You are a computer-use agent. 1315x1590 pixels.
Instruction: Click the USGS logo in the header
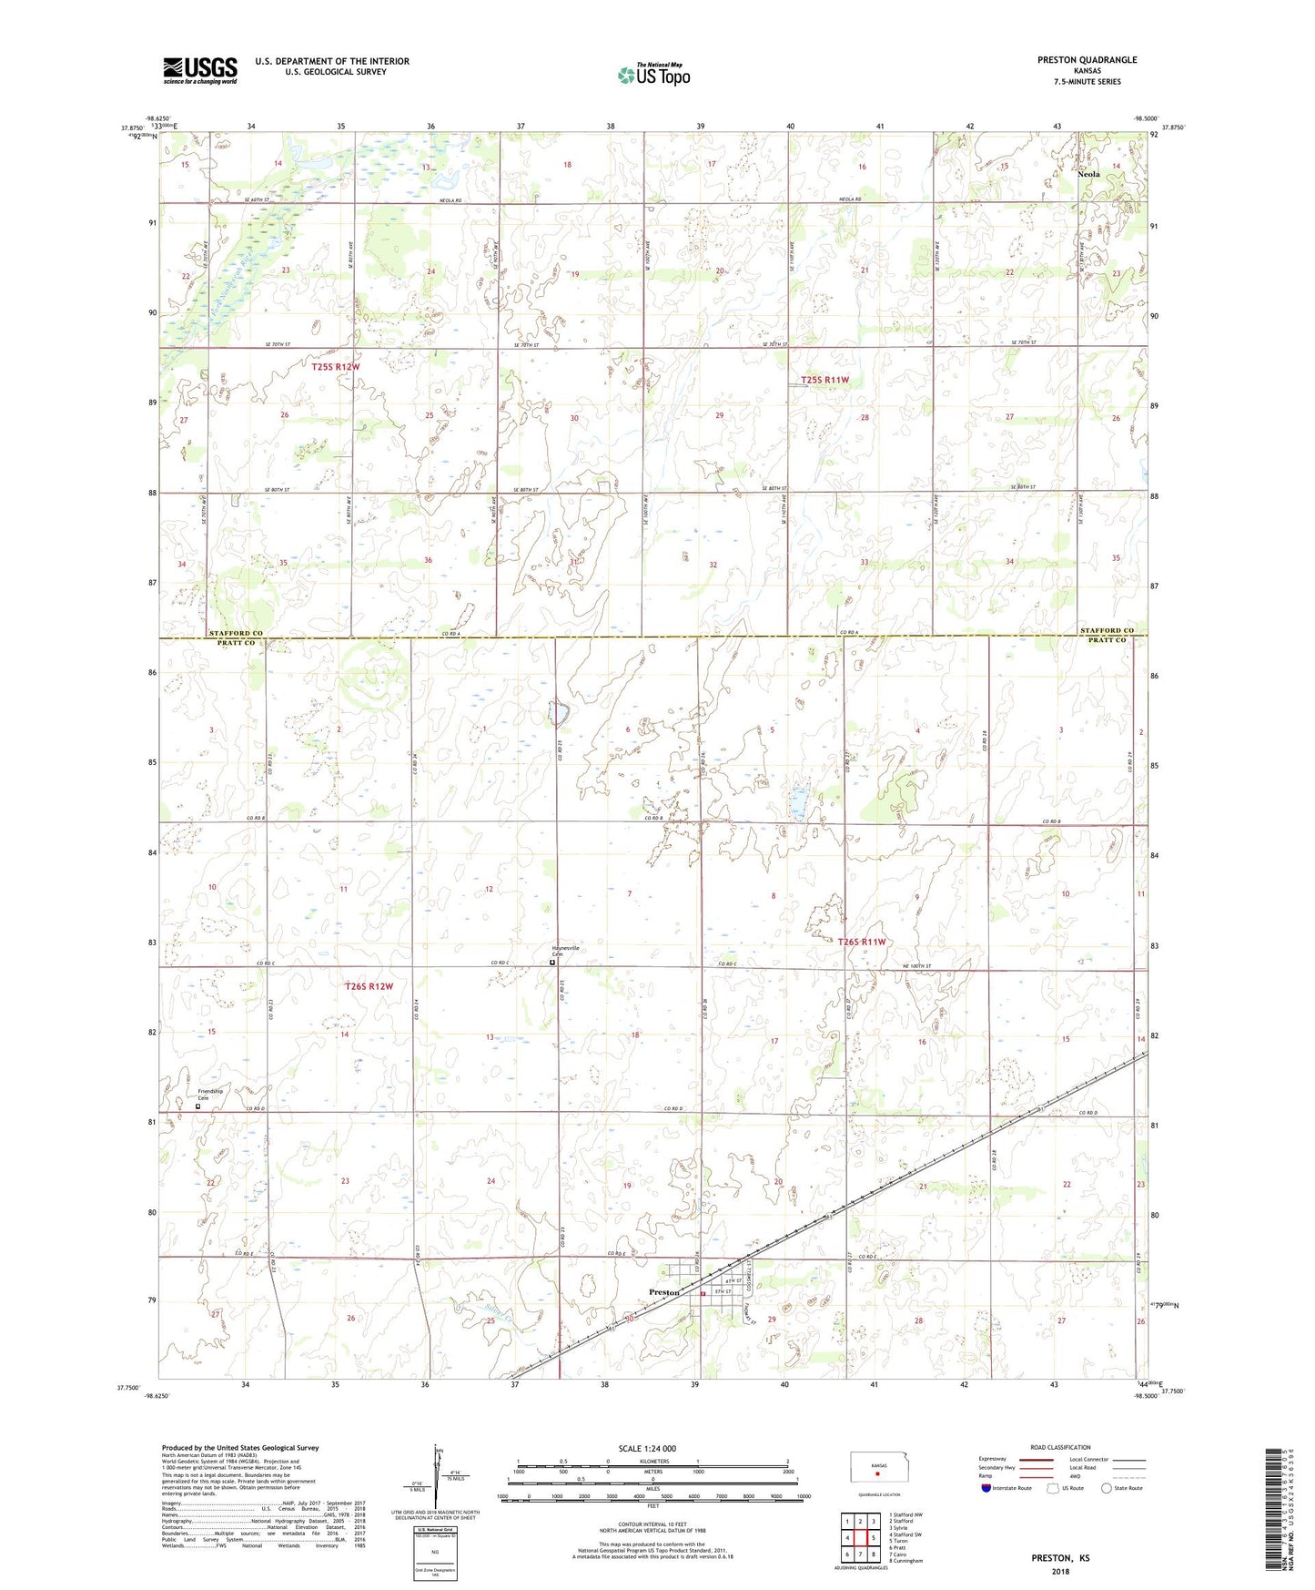click(x=200, y=70)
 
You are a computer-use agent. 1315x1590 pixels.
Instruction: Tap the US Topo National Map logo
click(x=652, y=75)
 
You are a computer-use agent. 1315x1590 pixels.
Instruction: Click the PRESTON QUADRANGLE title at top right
click(x=1087, y=60)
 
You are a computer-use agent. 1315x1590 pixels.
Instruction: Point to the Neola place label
click(x=1088, y=174)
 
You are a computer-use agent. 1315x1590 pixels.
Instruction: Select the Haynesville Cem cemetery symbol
click(x=552, y=962)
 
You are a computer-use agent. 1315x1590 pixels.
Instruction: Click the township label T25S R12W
click(x=336, y=367)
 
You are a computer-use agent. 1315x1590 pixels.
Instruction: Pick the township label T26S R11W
click(x=861, y=942)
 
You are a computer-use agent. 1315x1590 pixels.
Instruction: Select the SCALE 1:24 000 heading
click(x=647, y=1448)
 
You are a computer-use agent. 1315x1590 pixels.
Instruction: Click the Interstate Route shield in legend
click(x=986, y=1488)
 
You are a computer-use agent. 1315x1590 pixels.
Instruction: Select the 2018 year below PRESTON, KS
click(x=1060, y=1571)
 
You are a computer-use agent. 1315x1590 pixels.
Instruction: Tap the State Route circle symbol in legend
click(x=1106, y=1488)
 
